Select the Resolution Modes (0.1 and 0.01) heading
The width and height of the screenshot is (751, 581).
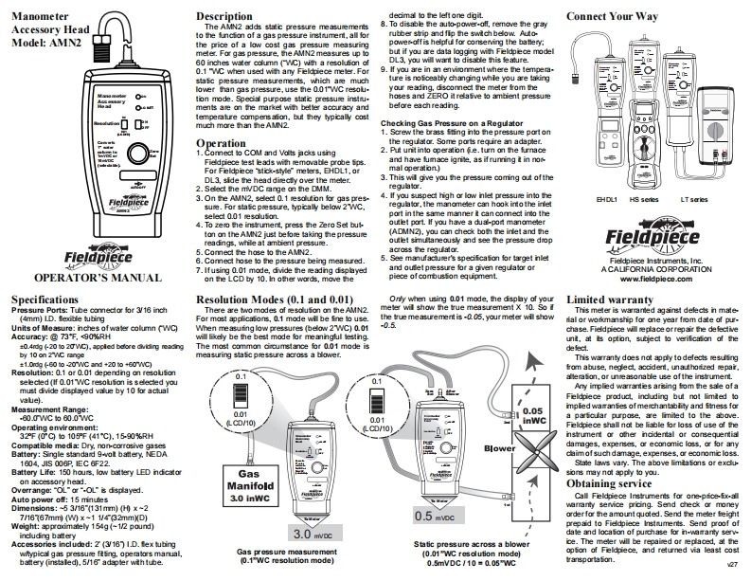coord(269,300)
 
